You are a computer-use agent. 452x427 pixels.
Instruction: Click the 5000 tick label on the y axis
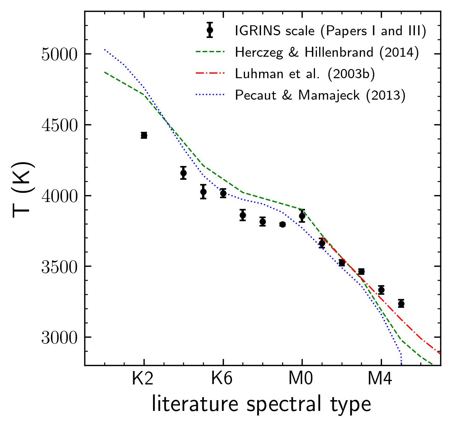point(59,54)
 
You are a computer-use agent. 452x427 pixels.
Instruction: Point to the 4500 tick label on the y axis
point(59,125)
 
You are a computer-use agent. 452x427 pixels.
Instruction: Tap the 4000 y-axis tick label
point(59,196)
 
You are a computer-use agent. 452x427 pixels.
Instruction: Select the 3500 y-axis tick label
point(59,266)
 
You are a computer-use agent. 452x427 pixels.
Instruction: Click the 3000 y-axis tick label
point(59,337)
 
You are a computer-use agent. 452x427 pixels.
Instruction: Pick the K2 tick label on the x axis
point(144,379)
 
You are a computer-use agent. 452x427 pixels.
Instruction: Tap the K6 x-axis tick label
point(223,379)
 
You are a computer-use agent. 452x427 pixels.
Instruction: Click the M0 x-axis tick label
point(302,379)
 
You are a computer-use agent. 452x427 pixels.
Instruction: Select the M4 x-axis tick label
point(381,379)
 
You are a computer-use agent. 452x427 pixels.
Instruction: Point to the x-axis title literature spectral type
point(261,404)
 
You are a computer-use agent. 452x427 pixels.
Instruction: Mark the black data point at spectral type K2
point(144,135)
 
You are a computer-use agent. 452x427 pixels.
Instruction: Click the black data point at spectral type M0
point(302,216)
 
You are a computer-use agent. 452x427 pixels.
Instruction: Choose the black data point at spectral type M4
point(381,290)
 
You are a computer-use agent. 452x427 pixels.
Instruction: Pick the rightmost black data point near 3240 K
point(401,304)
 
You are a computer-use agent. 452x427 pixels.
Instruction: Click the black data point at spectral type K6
point(223,193)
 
